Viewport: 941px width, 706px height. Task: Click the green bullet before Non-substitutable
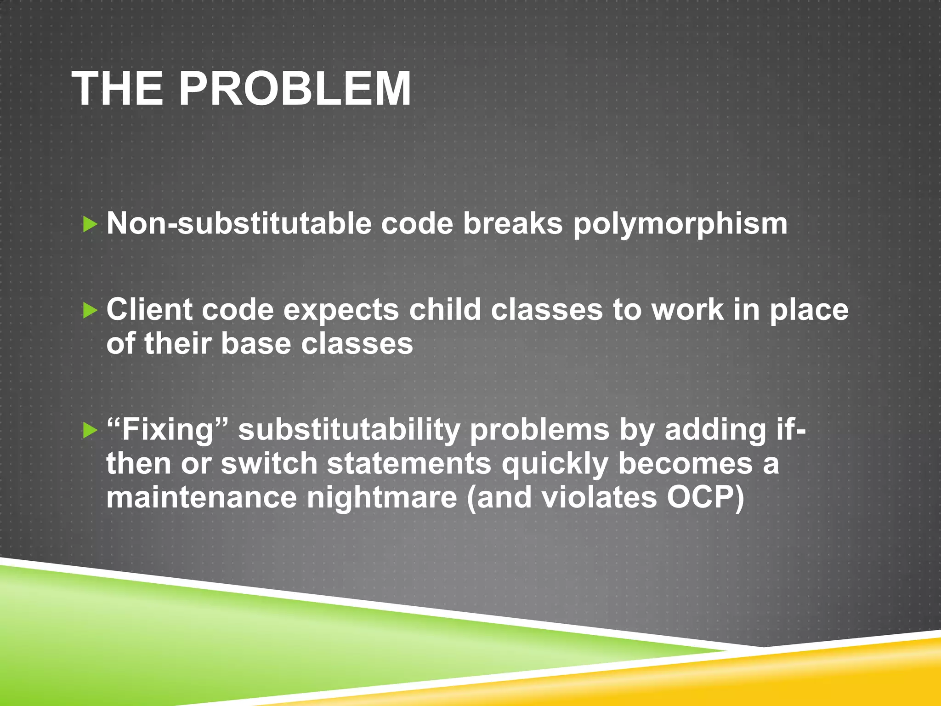pyautogui.click(x=91, y=225)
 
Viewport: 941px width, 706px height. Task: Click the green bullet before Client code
pyautogui.click(x=91, y=311)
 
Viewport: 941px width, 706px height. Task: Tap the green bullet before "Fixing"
pyautogui.click(x=91, y=431)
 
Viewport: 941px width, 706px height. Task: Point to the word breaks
pyautogui.click(x=512, y=224)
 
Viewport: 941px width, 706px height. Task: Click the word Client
pyautogui.click(x=149, y=309)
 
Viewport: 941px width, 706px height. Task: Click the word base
pyautogui.click(x=256, y=344)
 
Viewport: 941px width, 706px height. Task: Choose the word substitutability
pyautogui.click(x=349, y=431)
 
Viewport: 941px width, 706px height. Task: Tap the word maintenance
pyautogui.click(x=202, y=498)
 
